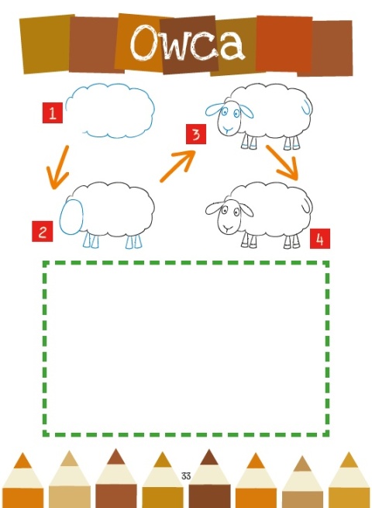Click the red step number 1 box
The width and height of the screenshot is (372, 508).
[x=53, y=112]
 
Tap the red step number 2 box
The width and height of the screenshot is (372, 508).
[x=43, y=231]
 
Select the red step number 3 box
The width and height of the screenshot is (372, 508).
[x=196, y=134]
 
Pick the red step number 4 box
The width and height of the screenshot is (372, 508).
[x=320, y=239]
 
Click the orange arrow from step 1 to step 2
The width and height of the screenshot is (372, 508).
[x=59, y=167]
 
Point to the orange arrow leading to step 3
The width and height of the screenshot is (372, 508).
[x=178, y=166]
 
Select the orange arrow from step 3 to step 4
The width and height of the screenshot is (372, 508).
[x=282, y=162]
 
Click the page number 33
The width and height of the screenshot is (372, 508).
[x=186, y=476]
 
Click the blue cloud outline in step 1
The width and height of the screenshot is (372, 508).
[x=110, y=85]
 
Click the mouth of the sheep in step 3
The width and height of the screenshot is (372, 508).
[x=229, y=129]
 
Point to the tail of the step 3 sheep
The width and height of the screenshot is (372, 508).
[x=306, y=107]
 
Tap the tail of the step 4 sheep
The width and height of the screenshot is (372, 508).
[x=306, y=205]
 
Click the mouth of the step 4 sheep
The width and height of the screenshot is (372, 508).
[x=229, y=228]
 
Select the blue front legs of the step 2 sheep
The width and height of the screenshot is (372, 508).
[x=91, y=241]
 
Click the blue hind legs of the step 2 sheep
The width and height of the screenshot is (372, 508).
[x=134, y=242]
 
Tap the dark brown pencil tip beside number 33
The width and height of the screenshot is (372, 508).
[x=209, y=457]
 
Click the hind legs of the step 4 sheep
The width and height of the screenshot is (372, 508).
[x=291, y=241]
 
